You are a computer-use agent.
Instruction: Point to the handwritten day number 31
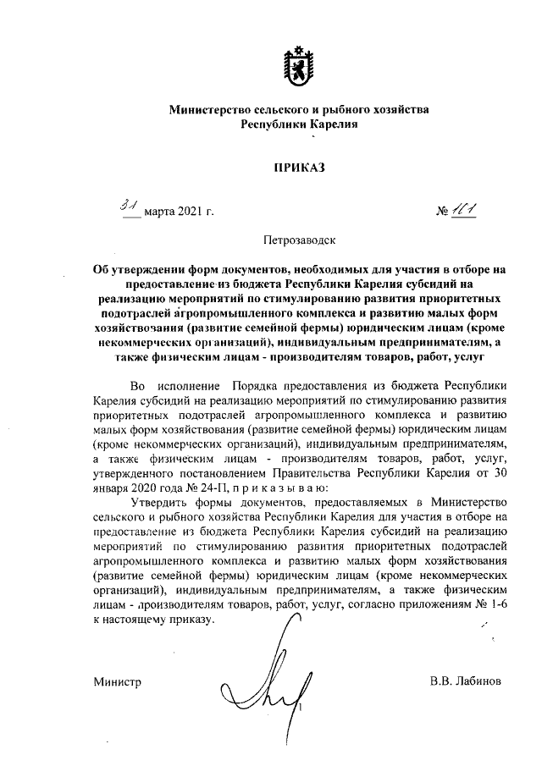coord(129,204)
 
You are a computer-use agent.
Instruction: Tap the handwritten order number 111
coord(464,207)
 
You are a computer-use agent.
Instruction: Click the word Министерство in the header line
coord(217,109)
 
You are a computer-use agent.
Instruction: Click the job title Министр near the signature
coord(118,681)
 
